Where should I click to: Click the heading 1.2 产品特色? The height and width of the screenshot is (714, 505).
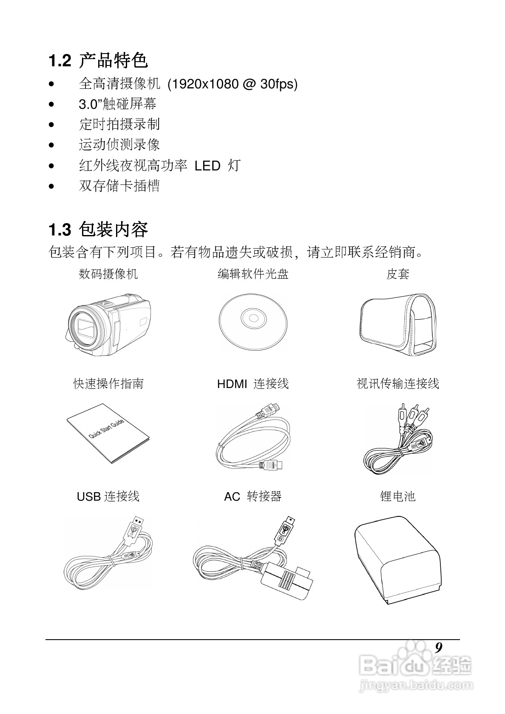click(98, 60)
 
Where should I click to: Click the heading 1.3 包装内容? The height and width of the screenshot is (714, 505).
click(98, 230)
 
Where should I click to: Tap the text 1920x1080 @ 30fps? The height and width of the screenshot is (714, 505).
click(233, 84)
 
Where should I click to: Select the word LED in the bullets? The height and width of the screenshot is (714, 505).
click(207, 166)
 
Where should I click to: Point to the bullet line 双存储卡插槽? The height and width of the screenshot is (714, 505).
click(119, 186)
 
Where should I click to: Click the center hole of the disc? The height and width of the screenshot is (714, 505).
click(253, 318)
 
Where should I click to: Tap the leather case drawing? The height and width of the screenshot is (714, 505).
click(398, 324)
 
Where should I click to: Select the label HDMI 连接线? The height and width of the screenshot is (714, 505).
click(253, 384)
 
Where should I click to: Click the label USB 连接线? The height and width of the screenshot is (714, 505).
click(108, 496)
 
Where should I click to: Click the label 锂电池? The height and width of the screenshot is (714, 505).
click(397, 496)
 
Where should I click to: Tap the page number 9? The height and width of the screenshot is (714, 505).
click(439, 648)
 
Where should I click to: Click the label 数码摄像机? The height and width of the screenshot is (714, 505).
click(108, 274)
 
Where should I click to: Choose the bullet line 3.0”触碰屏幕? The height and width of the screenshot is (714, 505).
click(118, 104)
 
